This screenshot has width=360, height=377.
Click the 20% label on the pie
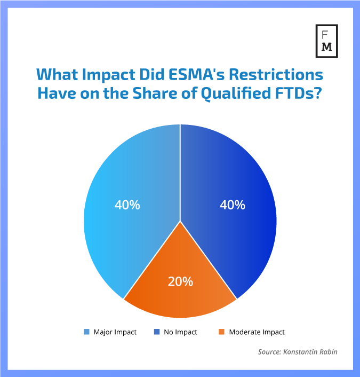pos(180,281)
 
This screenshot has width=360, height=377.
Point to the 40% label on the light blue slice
pos(127,205)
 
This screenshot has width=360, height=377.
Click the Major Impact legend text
pos(115,332)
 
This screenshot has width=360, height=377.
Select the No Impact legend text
pos(180,332)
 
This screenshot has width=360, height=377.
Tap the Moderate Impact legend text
pos(257,332)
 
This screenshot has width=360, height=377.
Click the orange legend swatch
pos(222,332)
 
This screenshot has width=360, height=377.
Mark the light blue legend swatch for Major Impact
pos(86,332)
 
